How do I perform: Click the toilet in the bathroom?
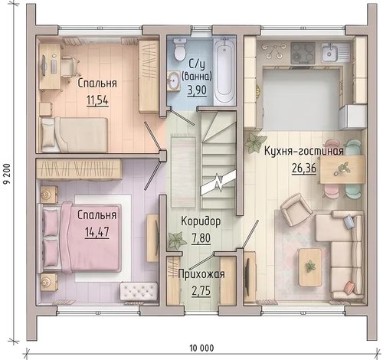point(180,49)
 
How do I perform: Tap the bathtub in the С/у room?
point(224,70)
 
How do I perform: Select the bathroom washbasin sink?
point(174,80)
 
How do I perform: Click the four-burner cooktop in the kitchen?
point(303,53)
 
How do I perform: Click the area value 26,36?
point(304,169)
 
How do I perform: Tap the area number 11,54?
point(97,100)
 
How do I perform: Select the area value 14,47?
point(97,232)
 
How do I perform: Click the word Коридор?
point(201,221)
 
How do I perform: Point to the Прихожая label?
point(201,274)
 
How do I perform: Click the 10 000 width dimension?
point(201,348)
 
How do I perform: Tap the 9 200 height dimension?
point(6,174)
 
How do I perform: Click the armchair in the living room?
point(295,209)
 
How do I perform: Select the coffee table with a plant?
point(310,267)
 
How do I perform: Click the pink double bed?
point(80,237)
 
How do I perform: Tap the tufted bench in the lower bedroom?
point(138,291)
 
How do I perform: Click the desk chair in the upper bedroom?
point(69,67)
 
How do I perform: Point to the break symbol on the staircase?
point(218,183)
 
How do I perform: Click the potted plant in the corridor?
point(177,241)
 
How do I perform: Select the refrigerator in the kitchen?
point(352,117)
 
